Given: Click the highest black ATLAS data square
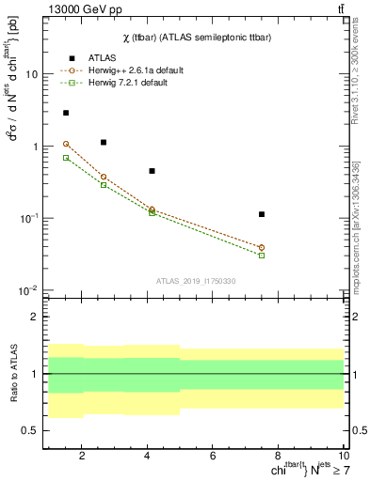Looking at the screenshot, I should tap(65, 113).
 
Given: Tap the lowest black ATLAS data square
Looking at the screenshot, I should tap(262, 214).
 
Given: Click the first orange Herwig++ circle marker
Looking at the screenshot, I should tap(65, 144).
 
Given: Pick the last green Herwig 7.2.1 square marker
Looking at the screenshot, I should tap(262, 255).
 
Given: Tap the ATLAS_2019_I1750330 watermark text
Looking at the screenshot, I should tap(196, 281).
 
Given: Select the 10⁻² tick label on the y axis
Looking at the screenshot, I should tap(28, 290).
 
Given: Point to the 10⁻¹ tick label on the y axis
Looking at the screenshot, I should tap(28, 218).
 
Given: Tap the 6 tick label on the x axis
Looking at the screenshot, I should tap(214, 457).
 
